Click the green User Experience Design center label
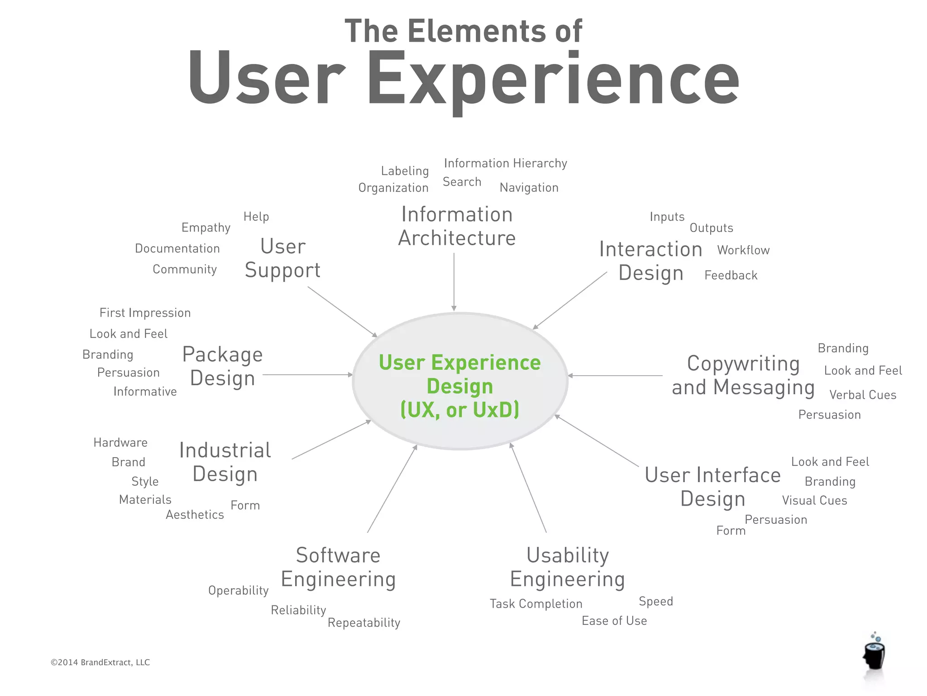coord(459,386)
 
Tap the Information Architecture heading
coord(457,226)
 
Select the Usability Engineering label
coord(568,567)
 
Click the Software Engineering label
coord(338,567)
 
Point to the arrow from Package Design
coord(307,375)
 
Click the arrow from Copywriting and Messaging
coord(615,375)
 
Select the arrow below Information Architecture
coord(454,281)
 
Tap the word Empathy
coord(206,227)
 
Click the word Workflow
coord(743,250)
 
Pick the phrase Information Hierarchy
coord(505,163)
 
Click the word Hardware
coord(120,442)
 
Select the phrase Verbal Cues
coord(863,395)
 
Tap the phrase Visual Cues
coord(814,500)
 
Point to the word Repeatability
coord(364,623)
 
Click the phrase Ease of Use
coord(614,621)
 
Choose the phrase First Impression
coord(145,313)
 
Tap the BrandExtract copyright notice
coord(100,662)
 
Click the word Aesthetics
coord(195,515)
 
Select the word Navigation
coord(529,188)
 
